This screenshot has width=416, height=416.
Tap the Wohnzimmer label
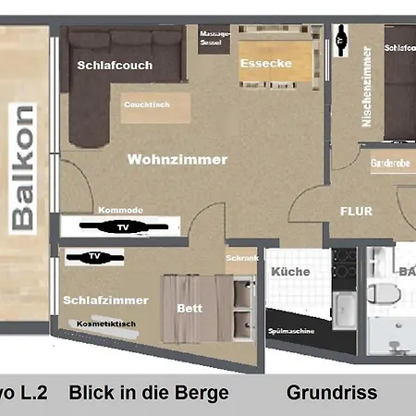(x=177, y=159)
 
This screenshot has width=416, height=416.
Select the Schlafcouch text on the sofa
(x=116, y=66)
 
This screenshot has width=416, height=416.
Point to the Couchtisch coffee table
(x=146, y=105)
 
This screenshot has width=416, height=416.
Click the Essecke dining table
(x=266, y=64)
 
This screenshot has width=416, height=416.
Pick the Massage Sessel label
(x=215, y=40)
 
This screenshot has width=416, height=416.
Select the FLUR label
(x=356, y=211)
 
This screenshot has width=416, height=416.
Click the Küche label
(x=290, y=272)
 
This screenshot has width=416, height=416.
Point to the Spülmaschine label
(x=293, y=331)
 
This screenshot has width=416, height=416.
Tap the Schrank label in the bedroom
(x=242, y=258)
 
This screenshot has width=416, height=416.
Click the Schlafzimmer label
(x=93, y=300)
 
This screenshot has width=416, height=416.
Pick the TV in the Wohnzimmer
(x=124, y=226)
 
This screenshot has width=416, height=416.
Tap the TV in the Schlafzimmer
(x=94, y=257)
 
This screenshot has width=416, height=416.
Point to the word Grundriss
(x=331, y=393)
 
